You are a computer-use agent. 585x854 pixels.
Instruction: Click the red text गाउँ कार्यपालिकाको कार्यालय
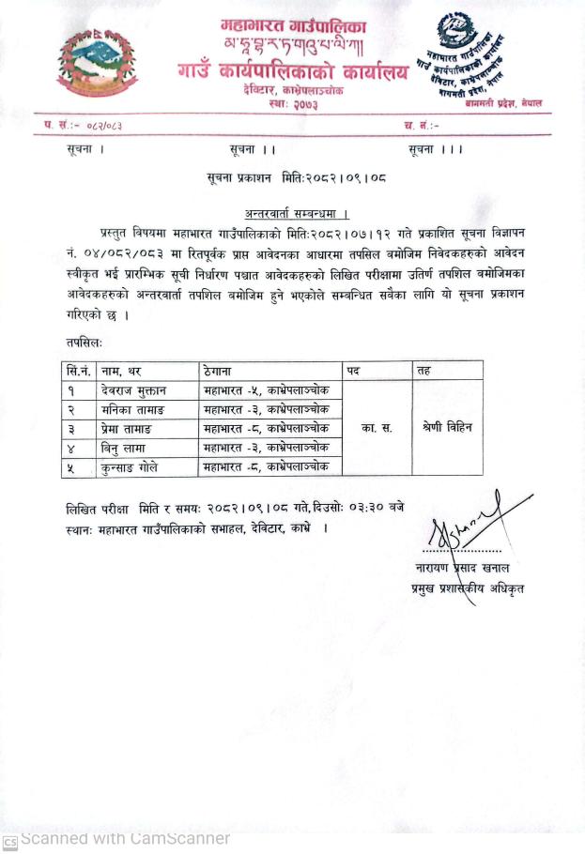click(293, 70)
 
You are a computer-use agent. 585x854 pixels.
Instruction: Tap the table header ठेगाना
click(218, 371)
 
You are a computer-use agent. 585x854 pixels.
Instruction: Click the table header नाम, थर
click(122, 371)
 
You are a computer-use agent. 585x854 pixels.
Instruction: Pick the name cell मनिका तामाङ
click(131, 409)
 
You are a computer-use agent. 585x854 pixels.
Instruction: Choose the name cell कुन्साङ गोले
click(130, 466)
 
